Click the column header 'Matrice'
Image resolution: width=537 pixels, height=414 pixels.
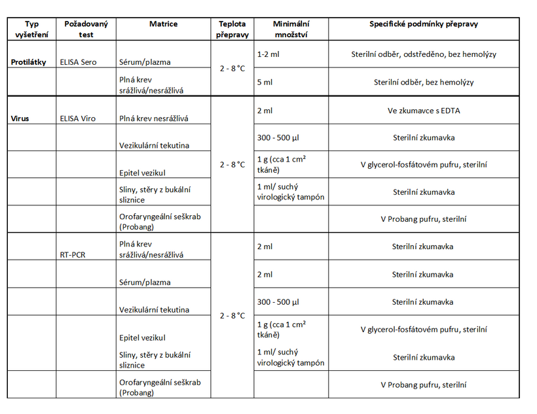pyautogui.click(x=162, y=24)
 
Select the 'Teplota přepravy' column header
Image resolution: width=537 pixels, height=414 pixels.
pyautogui.click(x=232, y=29)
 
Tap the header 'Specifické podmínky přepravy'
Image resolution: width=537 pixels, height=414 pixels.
pyautogui.click(x=423, y=24)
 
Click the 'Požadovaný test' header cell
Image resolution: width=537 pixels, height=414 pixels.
pyautogui.click(x=86, y=29)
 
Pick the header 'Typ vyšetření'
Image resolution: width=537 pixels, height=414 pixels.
pyautogui.click(x=31, y=29)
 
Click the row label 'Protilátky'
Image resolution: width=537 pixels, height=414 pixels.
pyautogui.click(x=29, y=62)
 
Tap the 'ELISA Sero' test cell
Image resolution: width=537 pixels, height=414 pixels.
pyautogui.click(x=78, y=62)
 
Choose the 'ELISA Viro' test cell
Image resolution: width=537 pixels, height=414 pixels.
pyautogui.click(x=78, y=119)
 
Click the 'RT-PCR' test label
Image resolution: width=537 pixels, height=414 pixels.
pyautogui.click(x=73, y=255)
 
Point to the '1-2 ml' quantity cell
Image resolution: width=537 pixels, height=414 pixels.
pyautogui.click(x=268, y=54)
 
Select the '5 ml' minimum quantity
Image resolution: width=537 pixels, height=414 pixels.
pyautogui.click(x=265, y=82)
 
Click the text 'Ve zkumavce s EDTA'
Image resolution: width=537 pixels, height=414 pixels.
pyautogui.click(x=423, y=111)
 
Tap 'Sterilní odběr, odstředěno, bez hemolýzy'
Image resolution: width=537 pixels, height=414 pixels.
pyautogui.click(x=423, y=54)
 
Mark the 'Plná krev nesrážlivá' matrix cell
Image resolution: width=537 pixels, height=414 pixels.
pyautogui.click(x=154, y=119)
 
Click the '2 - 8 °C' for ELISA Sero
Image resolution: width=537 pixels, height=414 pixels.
pyautogui.click(x=232, y=68)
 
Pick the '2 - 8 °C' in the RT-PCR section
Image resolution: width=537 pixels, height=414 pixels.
pyautogui.click(x=232, y=315)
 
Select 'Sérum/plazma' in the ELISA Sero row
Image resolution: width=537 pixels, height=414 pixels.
pyautogui.click(x=145, y=62)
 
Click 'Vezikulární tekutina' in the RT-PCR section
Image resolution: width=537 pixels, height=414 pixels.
pyautogui.click(x=154, y=310)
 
